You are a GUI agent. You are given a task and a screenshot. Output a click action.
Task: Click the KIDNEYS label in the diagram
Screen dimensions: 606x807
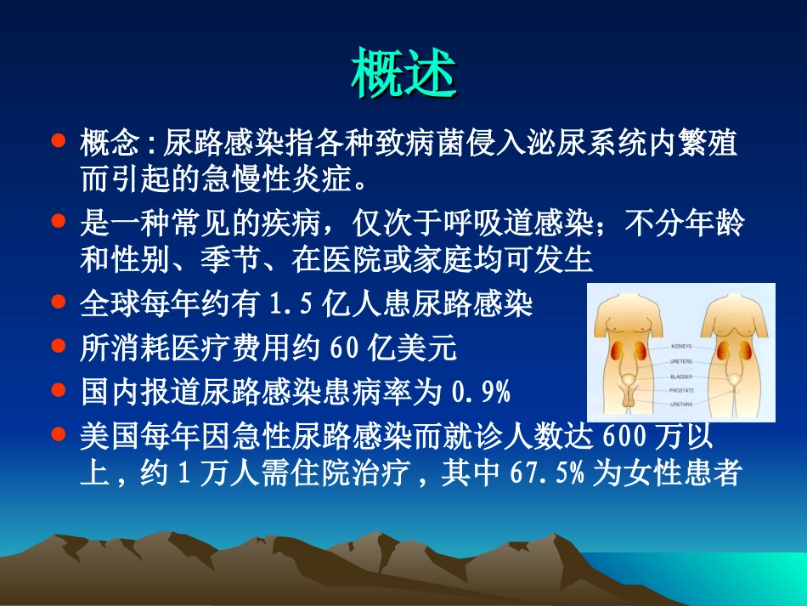[x=682, y=347]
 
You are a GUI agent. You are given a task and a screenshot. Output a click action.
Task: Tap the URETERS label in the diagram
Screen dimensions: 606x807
[x=682, y=361]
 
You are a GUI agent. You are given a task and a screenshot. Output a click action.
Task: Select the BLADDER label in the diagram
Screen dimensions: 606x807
[x=681, y=376]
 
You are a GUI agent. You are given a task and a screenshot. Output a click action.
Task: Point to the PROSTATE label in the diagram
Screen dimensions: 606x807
[x=682, y=390]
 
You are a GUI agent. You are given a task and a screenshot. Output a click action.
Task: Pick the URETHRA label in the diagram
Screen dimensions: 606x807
[x=681, y=405]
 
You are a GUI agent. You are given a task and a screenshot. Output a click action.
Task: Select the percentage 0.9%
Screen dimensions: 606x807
[x=480, y=393]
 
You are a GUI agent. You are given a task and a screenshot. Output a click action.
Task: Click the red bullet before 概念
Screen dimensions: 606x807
[x=59, y=139]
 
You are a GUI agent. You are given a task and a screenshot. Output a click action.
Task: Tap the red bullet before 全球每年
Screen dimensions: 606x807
[x=59, y=301]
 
